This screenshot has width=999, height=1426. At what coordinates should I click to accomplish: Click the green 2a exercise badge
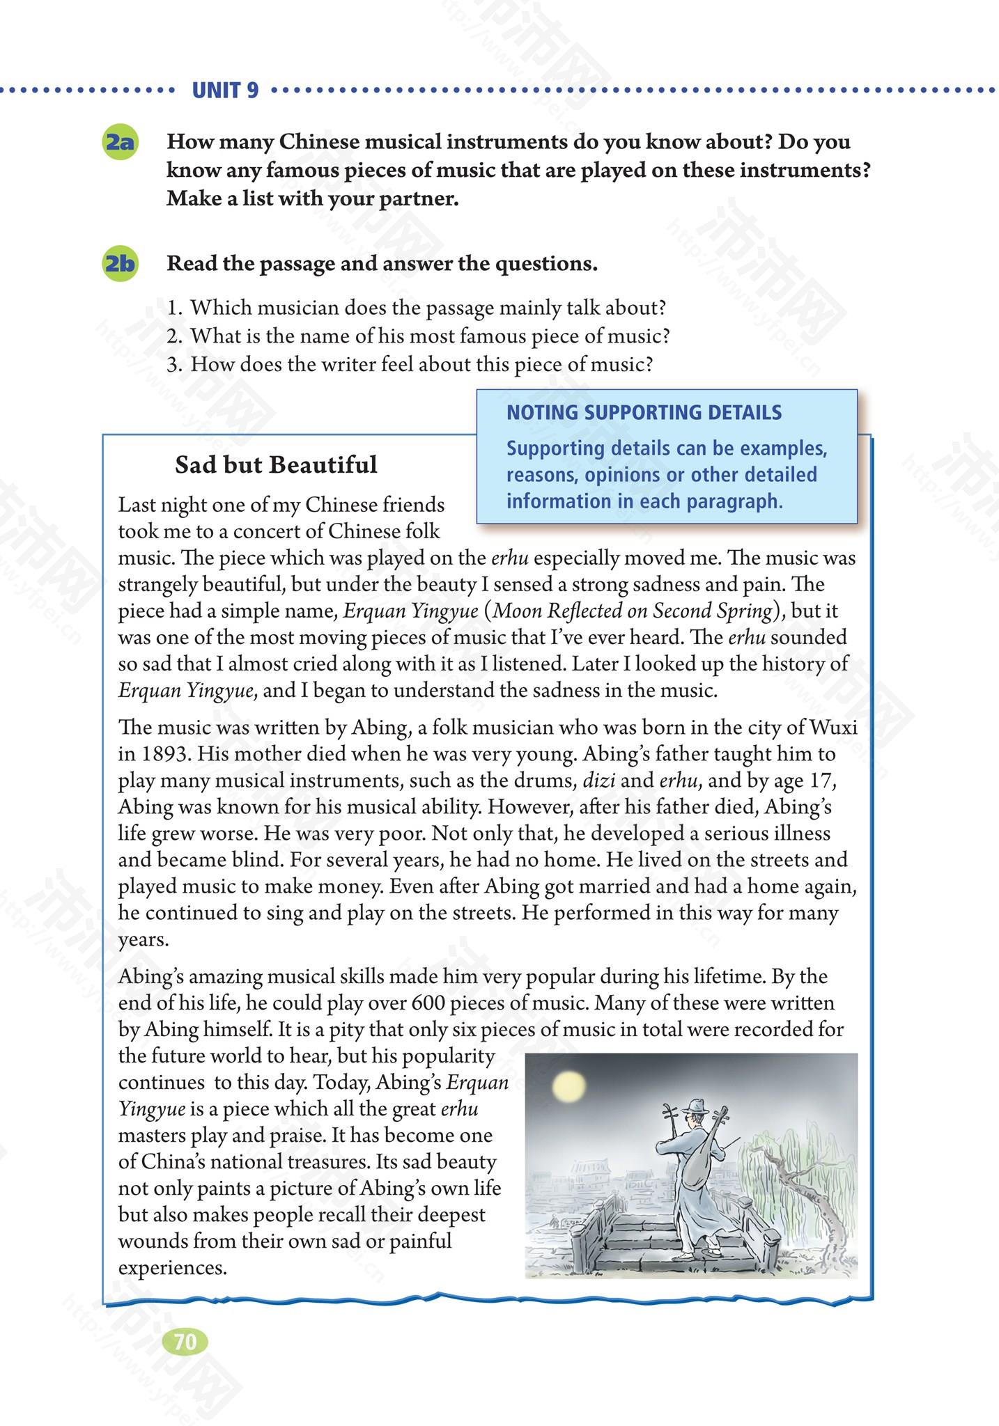pyautogui.click(x=119, y=143)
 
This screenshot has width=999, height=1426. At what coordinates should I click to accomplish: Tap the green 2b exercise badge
pyautogui.click(x=119, y=265)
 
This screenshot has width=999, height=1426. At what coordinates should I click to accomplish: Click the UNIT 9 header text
pyautogui.click(x=224, y=91)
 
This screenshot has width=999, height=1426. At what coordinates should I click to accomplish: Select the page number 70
pyautogui.click(x=185, y=1342)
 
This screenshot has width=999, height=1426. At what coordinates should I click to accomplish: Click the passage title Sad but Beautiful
pyautogui.click(x=276, y=465)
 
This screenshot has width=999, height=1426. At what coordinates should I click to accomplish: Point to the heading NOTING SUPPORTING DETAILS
pyautogui.click(x=644, y=413)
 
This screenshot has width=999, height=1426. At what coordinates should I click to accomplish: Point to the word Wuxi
pyautogui.click(x=833, y=728)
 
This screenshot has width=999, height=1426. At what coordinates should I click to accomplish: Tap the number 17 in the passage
pyautogui.click(x=823, y=781)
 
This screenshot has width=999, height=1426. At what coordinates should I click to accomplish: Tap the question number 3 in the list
pyautogui.click(x=173, y=364)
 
